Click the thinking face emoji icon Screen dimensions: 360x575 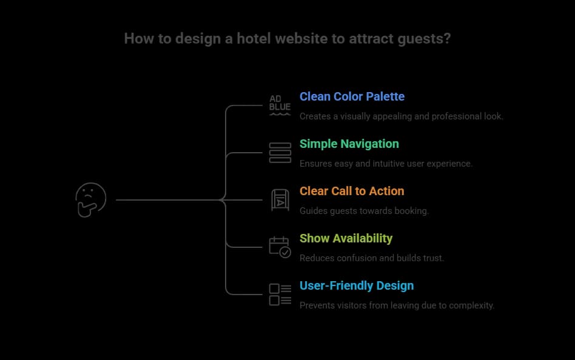click(90, 199)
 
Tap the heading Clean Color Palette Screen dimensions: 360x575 click(352, 96)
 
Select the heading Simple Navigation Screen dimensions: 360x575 click(349, 144)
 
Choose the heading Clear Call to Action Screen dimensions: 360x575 click(351, 191)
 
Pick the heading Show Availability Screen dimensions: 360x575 click(346, 238)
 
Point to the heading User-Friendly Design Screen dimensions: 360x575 click(357, 285)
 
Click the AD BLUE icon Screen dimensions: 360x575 click(280, 105)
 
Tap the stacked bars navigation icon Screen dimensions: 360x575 click(280, 152)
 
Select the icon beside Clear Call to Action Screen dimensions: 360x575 click(280, 199)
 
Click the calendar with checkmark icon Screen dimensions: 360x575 click(280, 247)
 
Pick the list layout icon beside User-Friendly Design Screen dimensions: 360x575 click(280, 295)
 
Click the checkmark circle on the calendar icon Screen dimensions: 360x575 click(285, 252)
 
